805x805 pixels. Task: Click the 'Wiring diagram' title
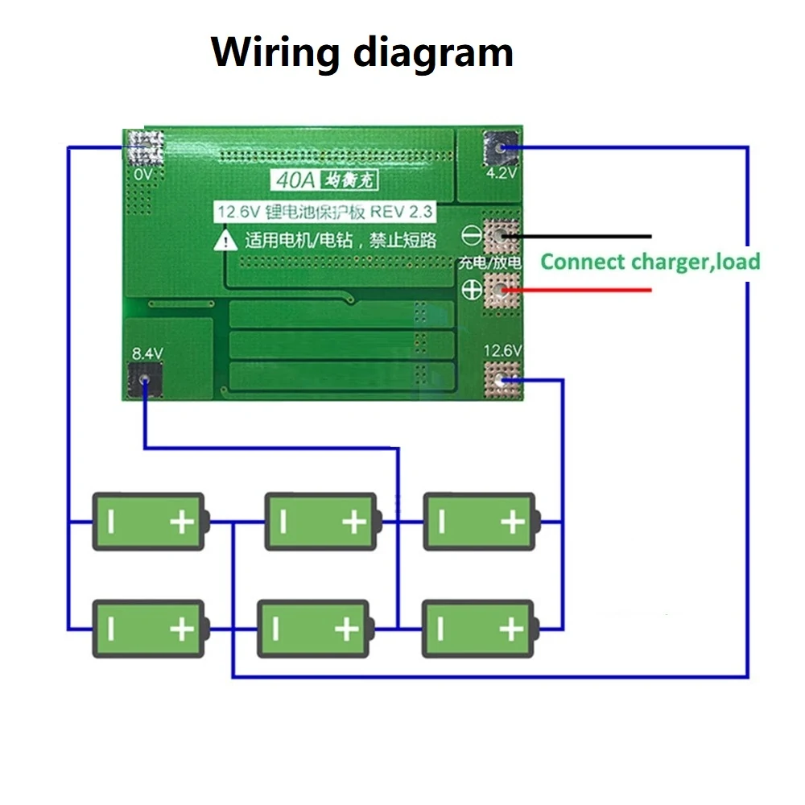point(362,53)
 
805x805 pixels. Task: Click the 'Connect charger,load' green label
point(650,262)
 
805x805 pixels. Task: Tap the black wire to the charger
point(588,237)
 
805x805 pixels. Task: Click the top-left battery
point(150,522)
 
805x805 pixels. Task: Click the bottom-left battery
point(150,628)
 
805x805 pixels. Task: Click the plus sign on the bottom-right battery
point(511,629)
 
